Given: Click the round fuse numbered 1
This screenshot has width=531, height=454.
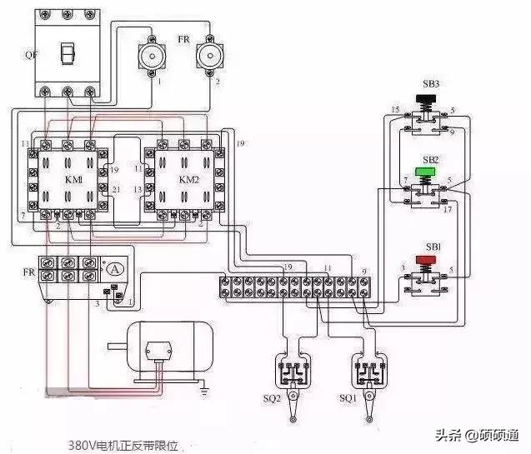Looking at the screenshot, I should click(152, 58).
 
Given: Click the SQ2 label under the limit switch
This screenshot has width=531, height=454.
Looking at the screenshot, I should click(271, 398).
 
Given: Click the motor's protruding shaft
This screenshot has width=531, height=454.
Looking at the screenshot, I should click(116, 344).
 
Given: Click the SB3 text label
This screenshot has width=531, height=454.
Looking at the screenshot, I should click(430, 85).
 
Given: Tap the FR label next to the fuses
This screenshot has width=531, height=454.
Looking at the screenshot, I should click(183, 37).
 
